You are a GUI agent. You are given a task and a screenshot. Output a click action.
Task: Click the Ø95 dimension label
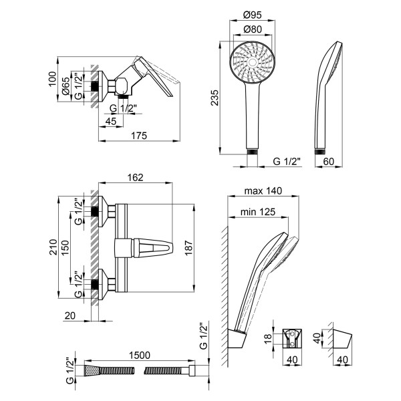[251, 14]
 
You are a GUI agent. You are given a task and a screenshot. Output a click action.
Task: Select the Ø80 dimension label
[251, 29]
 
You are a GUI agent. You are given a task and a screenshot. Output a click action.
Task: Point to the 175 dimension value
[139, 136]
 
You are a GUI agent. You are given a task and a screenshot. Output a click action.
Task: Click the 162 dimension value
[136, 178]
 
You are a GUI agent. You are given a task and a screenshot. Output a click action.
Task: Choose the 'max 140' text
[264, 190]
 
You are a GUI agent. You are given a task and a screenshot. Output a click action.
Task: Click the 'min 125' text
[258, 213]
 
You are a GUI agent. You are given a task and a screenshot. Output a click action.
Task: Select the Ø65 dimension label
[66, 87]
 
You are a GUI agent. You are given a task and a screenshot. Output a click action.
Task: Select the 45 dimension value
[112, 121]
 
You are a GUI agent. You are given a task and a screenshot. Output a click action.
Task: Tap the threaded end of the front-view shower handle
[252, 152]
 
